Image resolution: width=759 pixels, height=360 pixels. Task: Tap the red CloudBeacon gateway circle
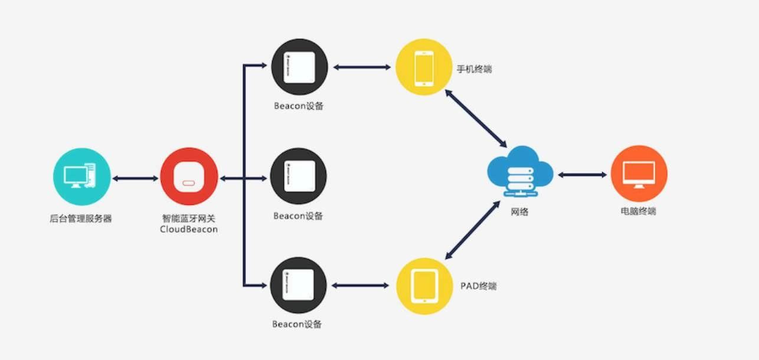[188, 176]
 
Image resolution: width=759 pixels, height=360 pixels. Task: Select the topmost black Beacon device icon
[299, 67]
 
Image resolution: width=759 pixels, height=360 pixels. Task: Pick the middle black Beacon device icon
[299, 176]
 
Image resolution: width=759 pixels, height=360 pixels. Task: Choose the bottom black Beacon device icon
[299, 285]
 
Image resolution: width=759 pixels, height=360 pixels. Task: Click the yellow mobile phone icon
[424, 67]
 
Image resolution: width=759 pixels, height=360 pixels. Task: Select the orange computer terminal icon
[639, 174]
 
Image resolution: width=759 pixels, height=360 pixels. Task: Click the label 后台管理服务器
[81, 218]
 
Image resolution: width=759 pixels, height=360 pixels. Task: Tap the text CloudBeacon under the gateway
[188, 229]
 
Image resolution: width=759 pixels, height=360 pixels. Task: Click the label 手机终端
[474, 69]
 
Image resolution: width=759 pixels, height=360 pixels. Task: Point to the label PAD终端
[478, 286]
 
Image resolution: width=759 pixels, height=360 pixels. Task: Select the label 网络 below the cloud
[519, 211]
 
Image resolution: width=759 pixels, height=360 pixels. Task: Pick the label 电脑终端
[639, 211]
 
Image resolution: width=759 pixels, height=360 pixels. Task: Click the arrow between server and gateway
[135, 176]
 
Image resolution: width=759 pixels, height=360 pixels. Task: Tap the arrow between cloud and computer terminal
[582, 175]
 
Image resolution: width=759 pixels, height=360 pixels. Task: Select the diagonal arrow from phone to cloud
[476, 118]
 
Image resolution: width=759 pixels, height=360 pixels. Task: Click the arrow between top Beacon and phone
[361, 67]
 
